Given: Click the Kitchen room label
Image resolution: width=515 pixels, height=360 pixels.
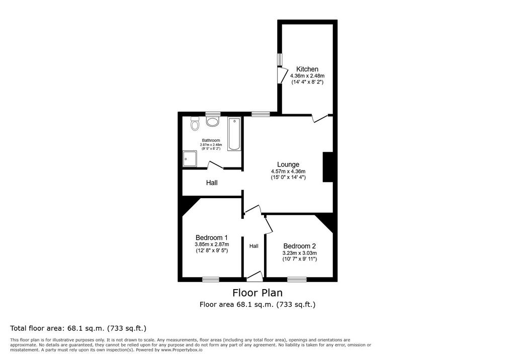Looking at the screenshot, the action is point(307,69).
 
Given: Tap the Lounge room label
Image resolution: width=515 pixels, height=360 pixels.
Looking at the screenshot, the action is point(288,164).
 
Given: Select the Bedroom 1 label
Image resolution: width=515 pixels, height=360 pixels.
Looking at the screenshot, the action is point(212,237).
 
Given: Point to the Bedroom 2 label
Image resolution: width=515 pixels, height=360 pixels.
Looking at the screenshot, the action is point(300,246).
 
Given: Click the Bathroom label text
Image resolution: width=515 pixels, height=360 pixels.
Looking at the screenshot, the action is point(211,140).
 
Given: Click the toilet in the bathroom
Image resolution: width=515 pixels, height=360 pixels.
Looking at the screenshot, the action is point(195,124).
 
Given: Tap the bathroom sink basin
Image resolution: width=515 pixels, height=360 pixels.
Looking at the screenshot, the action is point(213,122).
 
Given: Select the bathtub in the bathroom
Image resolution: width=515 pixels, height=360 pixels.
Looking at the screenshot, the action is point(234,134).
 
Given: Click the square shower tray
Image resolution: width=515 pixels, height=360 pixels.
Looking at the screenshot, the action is point(190,159).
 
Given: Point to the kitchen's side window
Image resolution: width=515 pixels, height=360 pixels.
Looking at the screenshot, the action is point(280,60).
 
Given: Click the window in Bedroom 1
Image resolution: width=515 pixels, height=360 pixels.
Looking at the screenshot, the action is point(211,279).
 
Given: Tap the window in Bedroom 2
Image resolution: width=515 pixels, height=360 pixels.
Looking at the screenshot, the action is point(297,279).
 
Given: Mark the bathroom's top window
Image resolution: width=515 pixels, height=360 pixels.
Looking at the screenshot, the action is point(213,114).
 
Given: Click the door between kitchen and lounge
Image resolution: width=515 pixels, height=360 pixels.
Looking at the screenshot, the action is point(320,118).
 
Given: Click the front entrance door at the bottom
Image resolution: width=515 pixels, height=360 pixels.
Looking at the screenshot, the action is point(255,276).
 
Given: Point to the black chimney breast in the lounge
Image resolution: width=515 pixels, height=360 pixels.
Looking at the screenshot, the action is point(328,167).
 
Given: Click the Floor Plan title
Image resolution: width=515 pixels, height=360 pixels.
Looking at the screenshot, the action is point(257,292).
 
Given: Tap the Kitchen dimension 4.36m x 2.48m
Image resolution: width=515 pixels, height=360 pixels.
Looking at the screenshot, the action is point(307,76).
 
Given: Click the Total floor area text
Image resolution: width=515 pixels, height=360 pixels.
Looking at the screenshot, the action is point(78,328).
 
